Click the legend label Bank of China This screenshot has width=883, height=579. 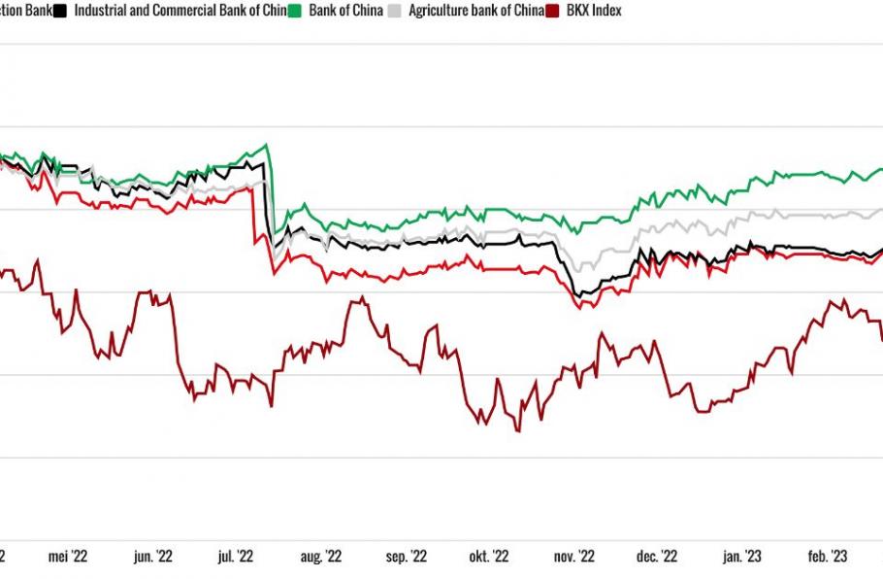coord(344,11)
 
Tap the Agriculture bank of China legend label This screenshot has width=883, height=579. coord(475,11)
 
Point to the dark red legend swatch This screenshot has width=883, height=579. coord(553,11)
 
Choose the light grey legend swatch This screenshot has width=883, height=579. coord(393,11)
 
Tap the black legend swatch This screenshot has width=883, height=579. coord(60,11)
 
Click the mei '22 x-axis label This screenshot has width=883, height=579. coord(68,557)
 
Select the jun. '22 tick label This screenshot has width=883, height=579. coord(152,557)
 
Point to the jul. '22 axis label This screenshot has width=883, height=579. coord(235,557)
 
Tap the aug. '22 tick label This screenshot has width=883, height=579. coord(320,557)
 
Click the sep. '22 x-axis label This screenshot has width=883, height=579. coord(407,557)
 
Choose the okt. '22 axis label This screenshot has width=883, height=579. coord(488,557)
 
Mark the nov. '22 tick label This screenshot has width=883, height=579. coord(573,557)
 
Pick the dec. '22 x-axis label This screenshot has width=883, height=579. coord(657,557)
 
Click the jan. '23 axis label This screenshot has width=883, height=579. coord(742,557)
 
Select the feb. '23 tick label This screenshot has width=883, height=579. coord(827,557)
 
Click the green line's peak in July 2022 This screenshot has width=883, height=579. coord(266,146)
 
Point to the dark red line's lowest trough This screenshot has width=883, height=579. coord(517,430)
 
